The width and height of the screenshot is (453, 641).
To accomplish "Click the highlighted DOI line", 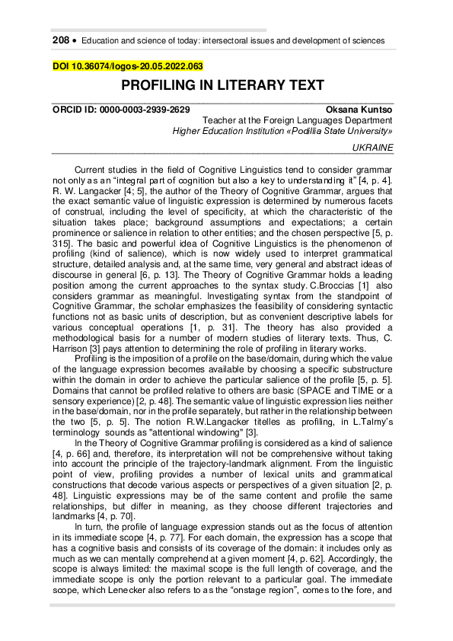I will (127, 66).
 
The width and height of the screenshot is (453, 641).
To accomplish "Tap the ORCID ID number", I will (152, 110).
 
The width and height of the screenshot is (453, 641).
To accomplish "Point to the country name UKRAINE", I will (373, 147).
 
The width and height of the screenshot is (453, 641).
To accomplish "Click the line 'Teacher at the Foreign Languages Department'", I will (298, 120).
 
